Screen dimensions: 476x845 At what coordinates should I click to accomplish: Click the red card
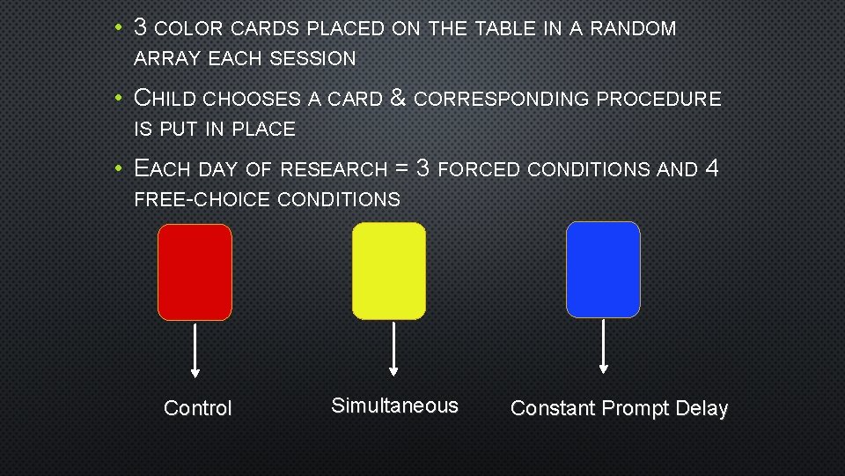[x=195, y=271]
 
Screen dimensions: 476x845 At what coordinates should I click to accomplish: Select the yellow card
[x=388, y=271]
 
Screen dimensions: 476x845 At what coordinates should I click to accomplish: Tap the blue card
[x=603, y=269]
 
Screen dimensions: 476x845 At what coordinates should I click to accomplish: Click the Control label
[x=198, y=408]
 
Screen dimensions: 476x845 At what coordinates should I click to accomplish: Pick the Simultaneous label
[x=394, y=405]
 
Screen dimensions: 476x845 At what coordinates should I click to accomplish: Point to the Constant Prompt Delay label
[x=619, y=408]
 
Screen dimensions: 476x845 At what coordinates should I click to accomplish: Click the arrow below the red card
[x=195, y=348]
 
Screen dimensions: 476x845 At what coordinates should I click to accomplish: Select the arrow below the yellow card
[x=393, y=347]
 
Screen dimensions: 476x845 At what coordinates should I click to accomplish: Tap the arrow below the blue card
[x=603, y=346]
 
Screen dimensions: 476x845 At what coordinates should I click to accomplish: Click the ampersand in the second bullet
[x=397, y=98]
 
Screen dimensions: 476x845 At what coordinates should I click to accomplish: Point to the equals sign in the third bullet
[x=400, y=168]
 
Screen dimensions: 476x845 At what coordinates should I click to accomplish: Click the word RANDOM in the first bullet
[x=633, y=29]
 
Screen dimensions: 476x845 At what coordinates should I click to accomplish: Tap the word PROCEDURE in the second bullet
[x=658, y=99]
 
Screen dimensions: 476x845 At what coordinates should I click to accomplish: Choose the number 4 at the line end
[x=713, y=167]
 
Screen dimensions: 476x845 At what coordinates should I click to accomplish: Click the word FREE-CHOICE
[x=202, y=199]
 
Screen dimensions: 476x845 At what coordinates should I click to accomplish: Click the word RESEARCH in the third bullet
[x=334, y=169]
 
